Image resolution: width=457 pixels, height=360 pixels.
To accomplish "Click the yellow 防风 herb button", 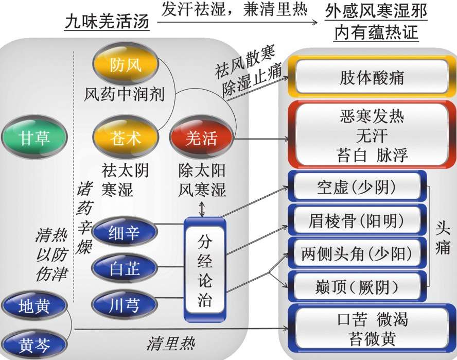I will [x=125, y=64].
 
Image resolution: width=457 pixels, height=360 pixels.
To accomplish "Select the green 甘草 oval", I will [x=35, y=138].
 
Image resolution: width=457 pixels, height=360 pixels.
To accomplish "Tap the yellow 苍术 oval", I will [x=125, y=138].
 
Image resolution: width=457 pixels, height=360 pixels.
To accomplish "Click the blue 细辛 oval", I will [x=125, y=233].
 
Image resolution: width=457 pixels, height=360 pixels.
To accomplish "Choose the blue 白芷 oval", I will [x=125, y=267].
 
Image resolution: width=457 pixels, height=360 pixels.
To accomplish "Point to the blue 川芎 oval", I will [x=125, y=302].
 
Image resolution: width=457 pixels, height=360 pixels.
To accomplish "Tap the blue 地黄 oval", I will [x=34, y=307].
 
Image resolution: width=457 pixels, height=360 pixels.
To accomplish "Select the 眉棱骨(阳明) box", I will [x=357, y=221].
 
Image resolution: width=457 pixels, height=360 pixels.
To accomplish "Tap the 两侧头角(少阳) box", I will [x=357, y=253].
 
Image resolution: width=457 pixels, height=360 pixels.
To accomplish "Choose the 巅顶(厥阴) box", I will [x=357, y=286].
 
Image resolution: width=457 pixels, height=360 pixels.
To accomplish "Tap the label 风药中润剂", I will [x=125, y=94].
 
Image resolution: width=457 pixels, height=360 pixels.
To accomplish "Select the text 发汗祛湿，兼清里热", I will [x=234, y=10].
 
